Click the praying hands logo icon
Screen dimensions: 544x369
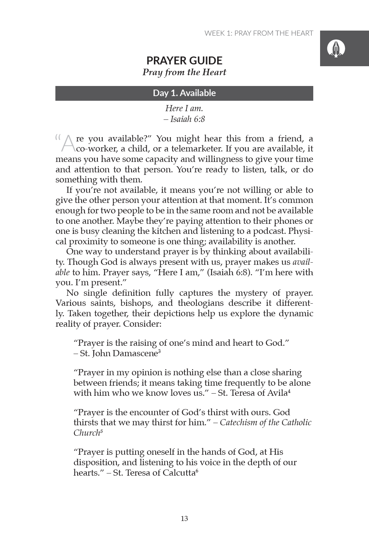336,48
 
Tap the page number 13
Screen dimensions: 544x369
184,518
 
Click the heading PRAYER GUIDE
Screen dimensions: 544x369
184,60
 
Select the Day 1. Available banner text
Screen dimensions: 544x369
184,93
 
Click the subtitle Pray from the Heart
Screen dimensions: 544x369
184,72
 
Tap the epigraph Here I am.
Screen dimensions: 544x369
184,108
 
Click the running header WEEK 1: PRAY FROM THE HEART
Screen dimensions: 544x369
259,33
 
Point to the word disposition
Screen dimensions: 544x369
95,462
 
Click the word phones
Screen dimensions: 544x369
289,221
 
